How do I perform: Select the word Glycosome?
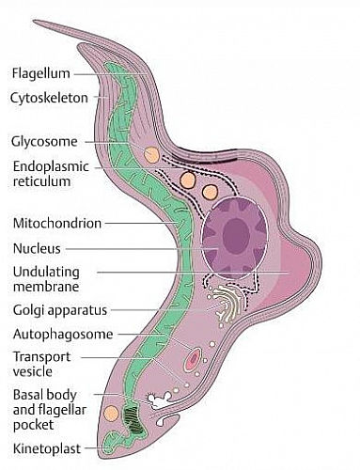coord(43,143)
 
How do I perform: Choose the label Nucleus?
coord(37,248)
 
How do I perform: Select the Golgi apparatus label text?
coord(59,309)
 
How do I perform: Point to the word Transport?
coord(41,356)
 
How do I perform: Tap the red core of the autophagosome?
coord(195,358)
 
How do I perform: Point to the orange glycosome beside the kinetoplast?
coord(113,413)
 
